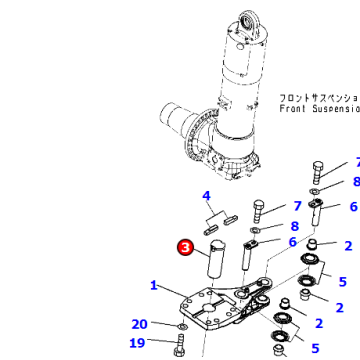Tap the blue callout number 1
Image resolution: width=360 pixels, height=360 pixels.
(154, 285)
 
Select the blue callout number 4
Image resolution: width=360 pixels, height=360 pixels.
(206, 196)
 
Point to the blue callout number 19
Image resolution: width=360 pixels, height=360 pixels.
(137, 343)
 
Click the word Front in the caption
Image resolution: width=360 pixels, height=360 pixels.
(295, 108)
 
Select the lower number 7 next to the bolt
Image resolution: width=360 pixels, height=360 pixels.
(296, 207)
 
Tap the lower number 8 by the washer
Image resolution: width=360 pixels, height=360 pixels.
(294, 227)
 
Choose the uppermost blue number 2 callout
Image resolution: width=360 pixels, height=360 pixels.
(348, 245)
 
